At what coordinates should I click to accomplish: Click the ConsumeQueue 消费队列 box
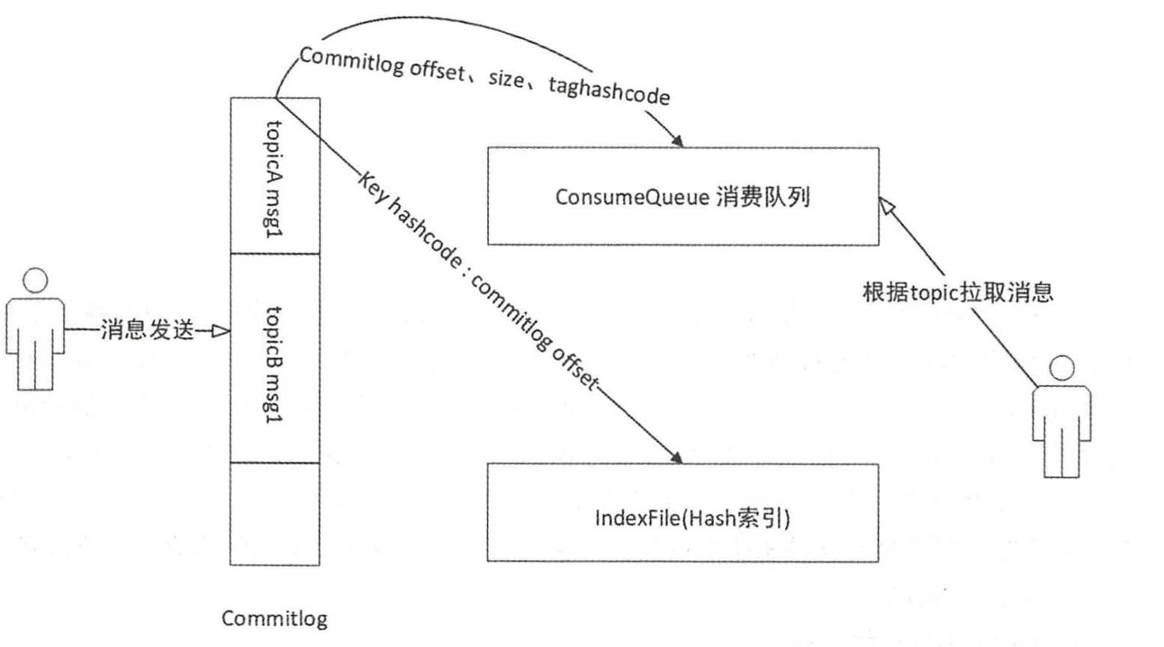point(682,196)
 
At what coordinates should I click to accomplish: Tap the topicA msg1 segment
point(274,177)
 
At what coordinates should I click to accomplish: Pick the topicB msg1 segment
point(274,359)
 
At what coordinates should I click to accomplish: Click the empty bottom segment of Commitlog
point(274,514)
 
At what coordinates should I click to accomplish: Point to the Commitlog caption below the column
point(274,619)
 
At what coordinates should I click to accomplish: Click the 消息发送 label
point(148,329)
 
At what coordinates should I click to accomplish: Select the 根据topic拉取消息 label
point(957,292)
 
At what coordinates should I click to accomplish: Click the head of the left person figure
point(35,282)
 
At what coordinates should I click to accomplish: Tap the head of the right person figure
point(1061,368)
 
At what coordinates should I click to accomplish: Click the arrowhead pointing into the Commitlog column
point(221,330)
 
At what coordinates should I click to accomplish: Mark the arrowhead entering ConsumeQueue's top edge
point(677,142)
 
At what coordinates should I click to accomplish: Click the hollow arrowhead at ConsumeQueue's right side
point(888,206)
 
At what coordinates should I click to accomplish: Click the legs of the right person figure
point(1061,453)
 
